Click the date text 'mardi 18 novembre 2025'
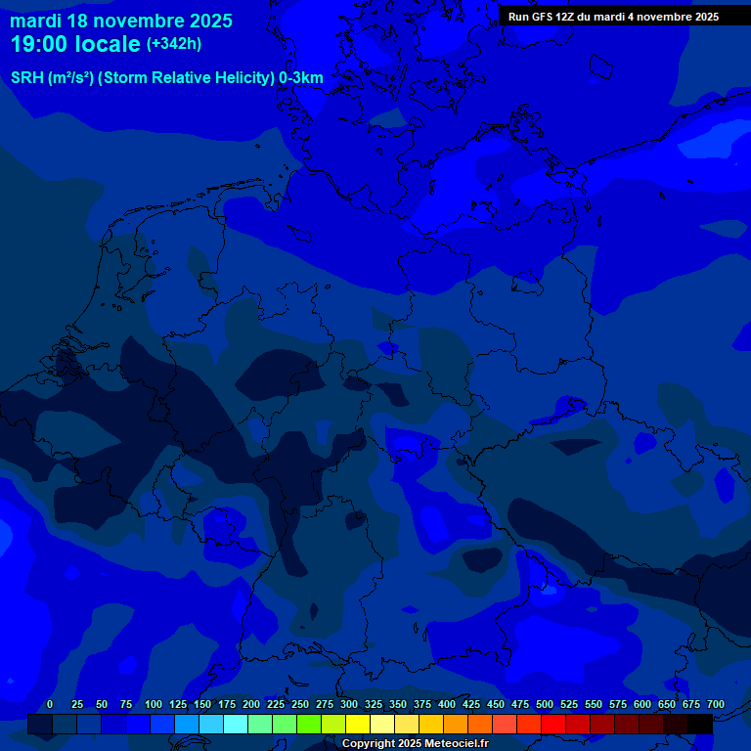pos(121,21)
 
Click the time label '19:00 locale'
pos(76,44)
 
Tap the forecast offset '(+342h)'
pos(174,44)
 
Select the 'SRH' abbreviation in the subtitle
pos(27,78)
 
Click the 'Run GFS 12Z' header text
pos(541,17)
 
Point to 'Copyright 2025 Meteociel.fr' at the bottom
pos(415,743)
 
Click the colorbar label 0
pos(50,704)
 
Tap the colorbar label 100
pos(154,704)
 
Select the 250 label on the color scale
pos(300,704)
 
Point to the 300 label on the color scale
pos(349,704)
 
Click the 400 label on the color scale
pos(447,704)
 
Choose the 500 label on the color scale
pos(545,704)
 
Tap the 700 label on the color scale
pos(716,704)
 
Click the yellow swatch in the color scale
pos(358,724)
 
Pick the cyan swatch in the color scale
pos(236,724)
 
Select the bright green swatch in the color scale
pos(309,724)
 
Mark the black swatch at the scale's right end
pos(700,724)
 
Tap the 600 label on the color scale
pos(642,704)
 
